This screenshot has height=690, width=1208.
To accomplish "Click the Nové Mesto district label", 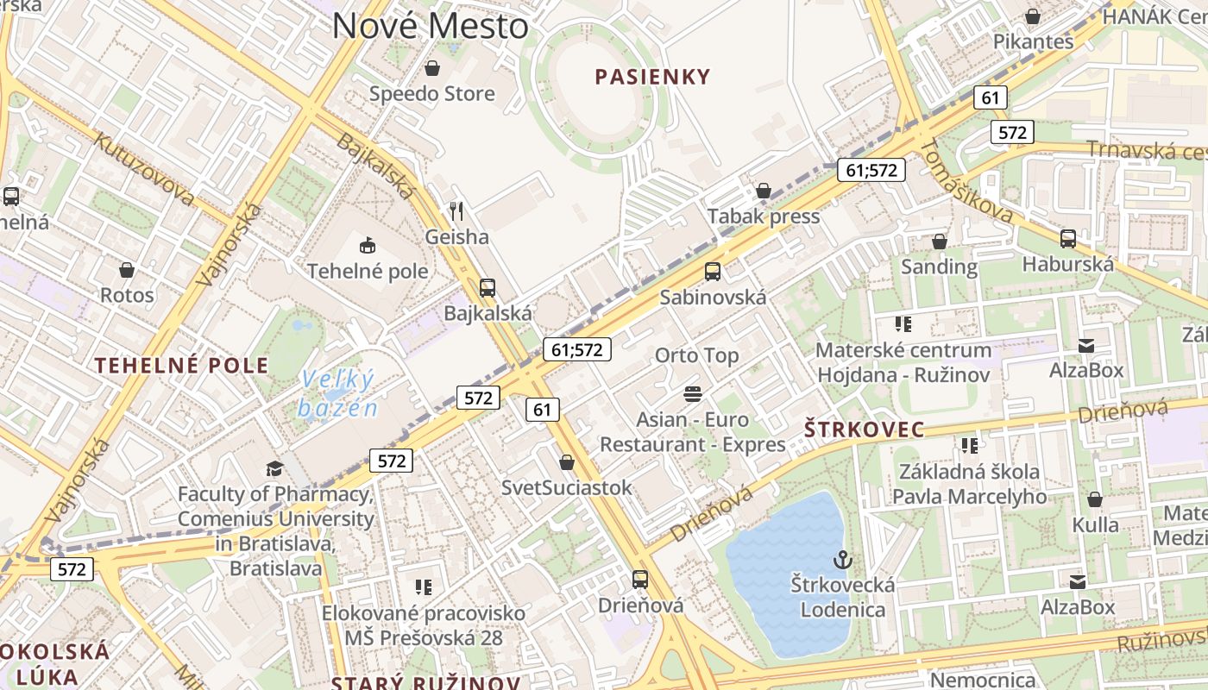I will (430, 26).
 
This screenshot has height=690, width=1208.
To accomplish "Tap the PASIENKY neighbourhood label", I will (652, 77).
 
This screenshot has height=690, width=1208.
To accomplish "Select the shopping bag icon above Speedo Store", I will (432, 67).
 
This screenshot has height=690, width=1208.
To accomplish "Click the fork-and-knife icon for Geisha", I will (457, 210).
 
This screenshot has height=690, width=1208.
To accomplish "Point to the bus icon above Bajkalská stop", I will (488, 287).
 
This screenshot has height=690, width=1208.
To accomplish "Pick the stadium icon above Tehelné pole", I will (368, 245).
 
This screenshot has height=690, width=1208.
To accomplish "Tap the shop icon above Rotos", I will (127, 270).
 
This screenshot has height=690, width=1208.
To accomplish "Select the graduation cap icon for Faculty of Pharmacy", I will (274, 468).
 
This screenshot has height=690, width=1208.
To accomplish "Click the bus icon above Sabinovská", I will (713, 272).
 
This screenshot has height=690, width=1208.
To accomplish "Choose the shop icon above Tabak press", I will (763, 190).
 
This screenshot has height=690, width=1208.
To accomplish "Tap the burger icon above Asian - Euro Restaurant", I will (692, 394).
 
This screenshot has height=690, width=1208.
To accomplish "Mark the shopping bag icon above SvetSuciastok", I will (567, 462).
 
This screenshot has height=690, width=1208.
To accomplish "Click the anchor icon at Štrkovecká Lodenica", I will (842, 560).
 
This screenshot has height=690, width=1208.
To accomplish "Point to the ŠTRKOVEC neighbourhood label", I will (864, 429).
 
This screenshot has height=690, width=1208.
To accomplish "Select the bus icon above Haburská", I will (1067, 239).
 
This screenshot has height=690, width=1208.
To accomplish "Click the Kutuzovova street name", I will (144, 169).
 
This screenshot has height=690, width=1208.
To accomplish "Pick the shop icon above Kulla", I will (1095, 499).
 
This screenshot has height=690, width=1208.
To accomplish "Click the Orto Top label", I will (696, 355).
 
